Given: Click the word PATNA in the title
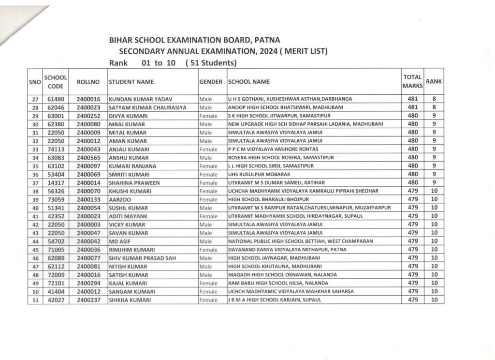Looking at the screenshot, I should [x=265, y=40].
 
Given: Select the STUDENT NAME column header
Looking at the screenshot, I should [x=131, y=82].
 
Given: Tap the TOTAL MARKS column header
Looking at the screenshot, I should [x=412, y=82].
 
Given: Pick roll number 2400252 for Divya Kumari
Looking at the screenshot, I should [x=88, y=116].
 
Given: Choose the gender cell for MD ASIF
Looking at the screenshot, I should [x=206, y=241].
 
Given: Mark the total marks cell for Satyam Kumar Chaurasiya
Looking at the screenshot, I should [x=412, y=107].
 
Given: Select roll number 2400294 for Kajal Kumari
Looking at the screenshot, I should [x=88, y=283].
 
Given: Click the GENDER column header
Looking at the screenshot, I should [x=211, y=82].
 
